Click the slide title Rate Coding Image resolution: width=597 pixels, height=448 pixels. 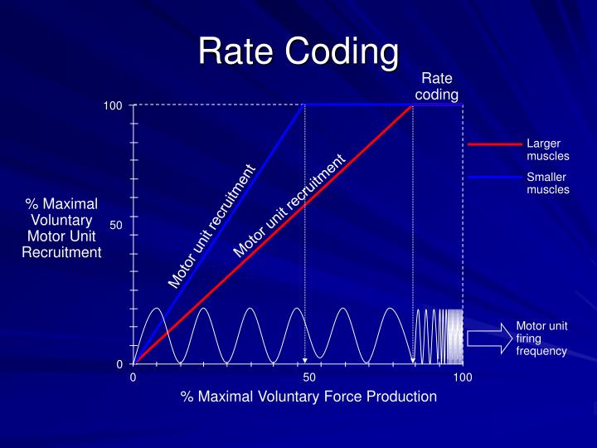point(298,51)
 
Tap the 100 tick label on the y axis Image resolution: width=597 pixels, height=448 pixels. point(113,106)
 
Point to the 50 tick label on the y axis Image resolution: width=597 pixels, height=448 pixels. point(116,225)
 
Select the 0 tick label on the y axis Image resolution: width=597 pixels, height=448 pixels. point(119,364)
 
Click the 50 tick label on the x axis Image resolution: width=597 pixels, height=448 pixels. point(309,378)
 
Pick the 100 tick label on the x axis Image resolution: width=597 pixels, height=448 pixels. point(462,378)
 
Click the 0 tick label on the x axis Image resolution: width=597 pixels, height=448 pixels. point(133,378)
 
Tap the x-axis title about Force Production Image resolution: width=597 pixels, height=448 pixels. point(308,397)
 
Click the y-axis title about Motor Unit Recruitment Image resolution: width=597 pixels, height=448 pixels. point(61,228)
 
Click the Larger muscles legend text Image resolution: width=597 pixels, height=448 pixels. point(547,150)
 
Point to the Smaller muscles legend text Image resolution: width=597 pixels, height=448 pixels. point(547,183)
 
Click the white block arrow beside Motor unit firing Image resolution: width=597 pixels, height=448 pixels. point(490,338)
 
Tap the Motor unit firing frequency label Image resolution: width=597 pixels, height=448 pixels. point(541,338)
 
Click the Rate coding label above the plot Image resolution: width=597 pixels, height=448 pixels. point(436,86)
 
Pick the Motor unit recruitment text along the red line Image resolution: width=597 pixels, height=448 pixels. point(289,206)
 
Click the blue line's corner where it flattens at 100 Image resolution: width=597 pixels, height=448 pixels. point(305,105)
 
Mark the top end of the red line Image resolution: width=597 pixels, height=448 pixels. point(413,105)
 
